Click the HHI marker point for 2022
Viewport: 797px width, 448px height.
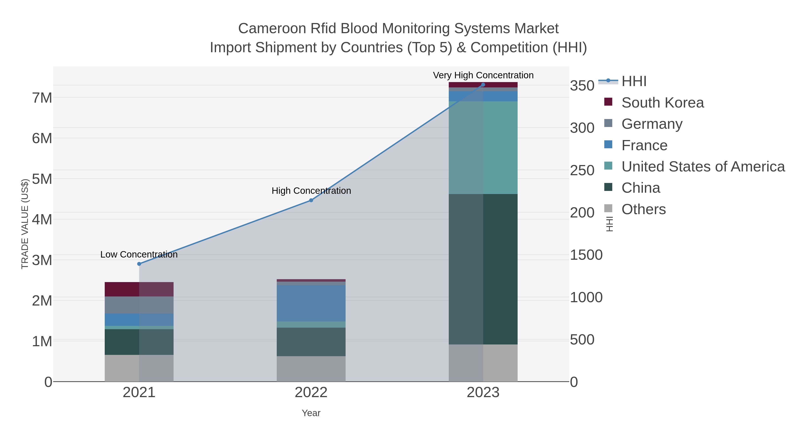click(311, 200)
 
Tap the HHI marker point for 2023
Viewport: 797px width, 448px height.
click(483, 85)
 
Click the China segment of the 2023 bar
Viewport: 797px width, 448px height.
click(483, 269)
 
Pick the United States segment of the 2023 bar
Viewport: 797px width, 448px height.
click(483, 148)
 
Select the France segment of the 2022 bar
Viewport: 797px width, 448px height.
click(311, 303)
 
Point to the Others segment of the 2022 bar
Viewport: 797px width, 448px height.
click(311, 369)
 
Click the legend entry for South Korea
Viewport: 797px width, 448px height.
click(662, 103)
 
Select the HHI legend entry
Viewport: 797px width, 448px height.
click(634, 81)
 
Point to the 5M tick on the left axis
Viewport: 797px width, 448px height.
click(42, 179)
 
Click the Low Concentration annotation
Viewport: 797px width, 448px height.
click(139, 254)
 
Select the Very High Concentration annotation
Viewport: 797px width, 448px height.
click(483, 75)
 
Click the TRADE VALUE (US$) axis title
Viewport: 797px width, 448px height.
click(25, 224)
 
